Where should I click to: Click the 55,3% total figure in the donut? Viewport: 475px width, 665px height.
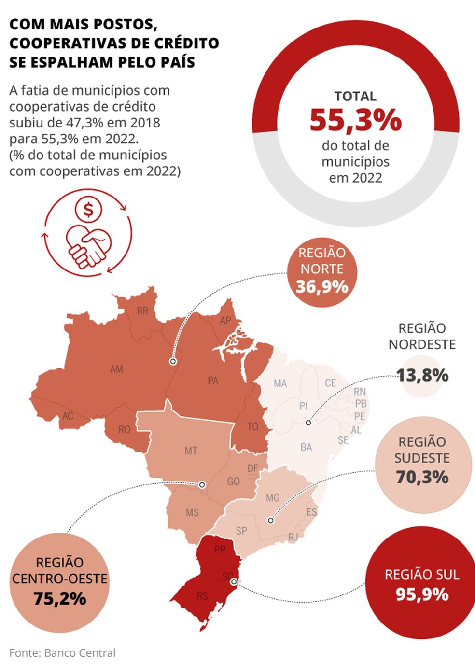[355, 120]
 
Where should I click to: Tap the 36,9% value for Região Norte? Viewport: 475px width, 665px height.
[322, 287]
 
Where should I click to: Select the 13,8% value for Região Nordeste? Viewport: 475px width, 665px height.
[422, 375]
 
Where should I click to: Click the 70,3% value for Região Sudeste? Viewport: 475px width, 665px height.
[422, 477]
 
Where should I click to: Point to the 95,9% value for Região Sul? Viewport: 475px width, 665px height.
[422, 594]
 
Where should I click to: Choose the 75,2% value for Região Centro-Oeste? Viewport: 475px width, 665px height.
[60, 598]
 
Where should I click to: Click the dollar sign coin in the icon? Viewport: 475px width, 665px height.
[88, 210]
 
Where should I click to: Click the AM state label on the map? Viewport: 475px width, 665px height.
[116, 369]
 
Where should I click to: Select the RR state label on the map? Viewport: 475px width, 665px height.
[142, 311]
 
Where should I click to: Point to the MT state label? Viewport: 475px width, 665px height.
[191, 451]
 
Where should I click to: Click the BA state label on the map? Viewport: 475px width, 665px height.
[306, 447]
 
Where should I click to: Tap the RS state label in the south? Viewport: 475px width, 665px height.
[202, 596]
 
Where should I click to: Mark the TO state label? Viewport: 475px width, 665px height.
[252, 427]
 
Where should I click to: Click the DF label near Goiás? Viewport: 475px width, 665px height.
[252, 468]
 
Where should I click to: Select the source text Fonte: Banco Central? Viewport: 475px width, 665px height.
[62, 653]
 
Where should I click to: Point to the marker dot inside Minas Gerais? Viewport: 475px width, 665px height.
[271, 521]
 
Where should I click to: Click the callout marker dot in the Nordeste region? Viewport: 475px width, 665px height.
[308, 423]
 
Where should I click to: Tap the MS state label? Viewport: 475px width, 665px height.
[192, 512]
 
